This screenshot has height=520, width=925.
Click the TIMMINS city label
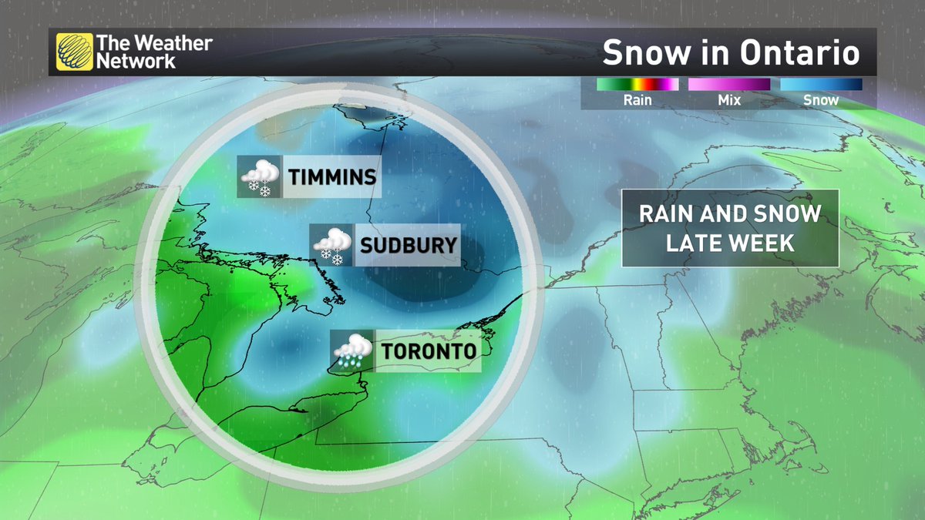(332, 177)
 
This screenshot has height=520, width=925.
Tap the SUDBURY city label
(409, 247)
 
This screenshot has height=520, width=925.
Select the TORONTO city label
(429, 352)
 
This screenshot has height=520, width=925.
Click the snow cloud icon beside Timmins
(260, 177)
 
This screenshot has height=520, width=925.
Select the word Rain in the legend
(637, 100)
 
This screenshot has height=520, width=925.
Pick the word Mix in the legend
(728, 100)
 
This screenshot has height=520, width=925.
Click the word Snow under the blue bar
(821, 100)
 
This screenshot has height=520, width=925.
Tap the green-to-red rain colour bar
(637, 84)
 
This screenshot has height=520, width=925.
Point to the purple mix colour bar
(728, 84)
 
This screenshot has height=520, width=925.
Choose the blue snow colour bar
(821, 84)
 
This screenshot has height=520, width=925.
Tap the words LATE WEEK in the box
(730, 243)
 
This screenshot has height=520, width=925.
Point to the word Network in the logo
(136, 62)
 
